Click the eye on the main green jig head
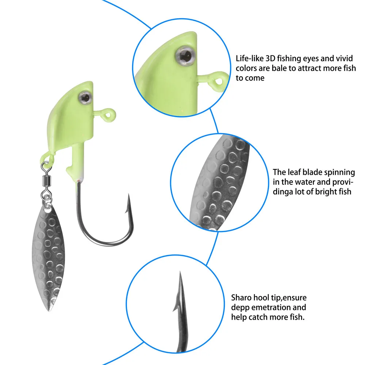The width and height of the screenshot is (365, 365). pyautogui.click(x=86, y=96)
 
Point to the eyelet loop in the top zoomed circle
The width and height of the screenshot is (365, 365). pyautogui.click(x=219, y=78)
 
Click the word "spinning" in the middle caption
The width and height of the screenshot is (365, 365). pyautogui.click(x=335, y=172)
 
